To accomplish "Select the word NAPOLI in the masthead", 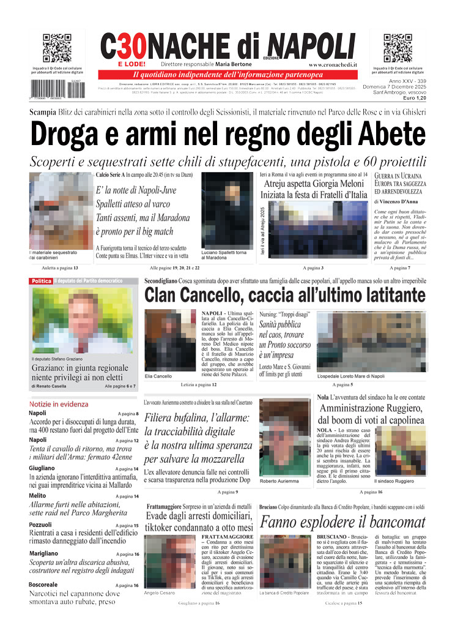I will pos(313,45).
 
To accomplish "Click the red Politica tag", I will pos(41,281).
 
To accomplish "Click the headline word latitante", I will pos(384,296).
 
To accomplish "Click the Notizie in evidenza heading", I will pos(59,404).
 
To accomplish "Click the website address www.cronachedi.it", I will pos(333,64).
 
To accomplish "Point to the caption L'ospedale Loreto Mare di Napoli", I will pos(351,376).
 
